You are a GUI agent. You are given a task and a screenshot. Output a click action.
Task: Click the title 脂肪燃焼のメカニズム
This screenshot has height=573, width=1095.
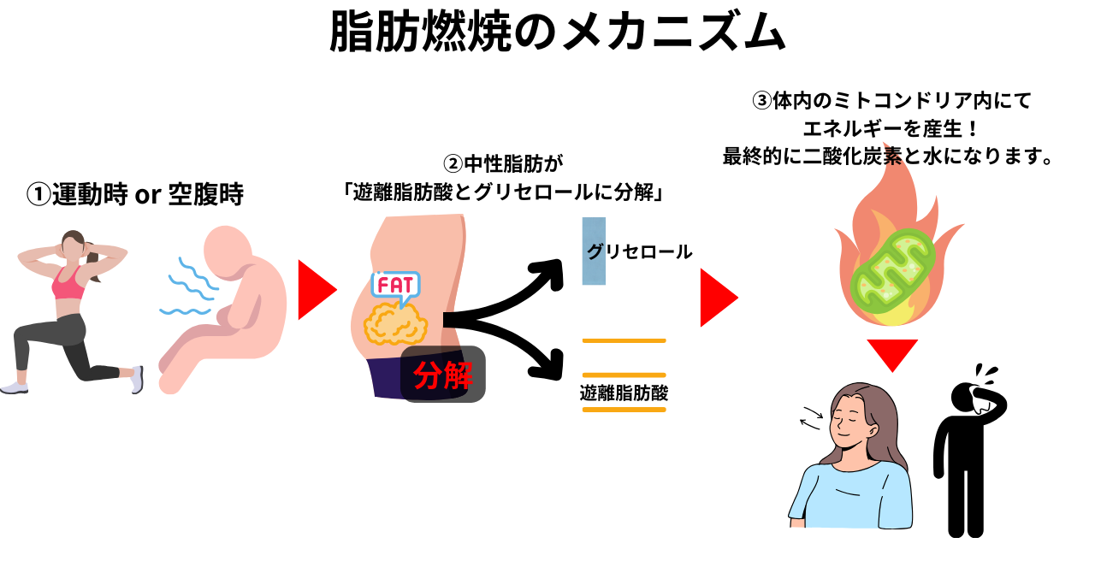pos(557,33)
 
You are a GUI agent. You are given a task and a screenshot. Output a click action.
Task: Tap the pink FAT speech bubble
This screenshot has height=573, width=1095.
pos(395,285)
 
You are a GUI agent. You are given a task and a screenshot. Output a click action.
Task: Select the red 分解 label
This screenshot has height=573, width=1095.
pos(443,375)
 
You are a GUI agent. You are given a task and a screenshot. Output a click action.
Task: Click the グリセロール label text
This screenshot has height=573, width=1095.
pos(639,251)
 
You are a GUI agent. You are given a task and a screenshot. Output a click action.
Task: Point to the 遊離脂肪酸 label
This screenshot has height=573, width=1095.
pos(624,393)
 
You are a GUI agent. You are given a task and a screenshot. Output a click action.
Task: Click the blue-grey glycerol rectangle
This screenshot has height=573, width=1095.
pos(594,251)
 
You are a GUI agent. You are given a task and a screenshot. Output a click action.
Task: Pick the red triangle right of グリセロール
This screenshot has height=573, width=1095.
pos(718,298)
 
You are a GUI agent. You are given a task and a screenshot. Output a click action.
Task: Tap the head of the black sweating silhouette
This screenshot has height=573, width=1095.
pos(975,395)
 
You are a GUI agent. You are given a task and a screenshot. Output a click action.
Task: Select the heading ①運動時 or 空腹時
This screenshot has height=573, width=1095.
pos(135,195)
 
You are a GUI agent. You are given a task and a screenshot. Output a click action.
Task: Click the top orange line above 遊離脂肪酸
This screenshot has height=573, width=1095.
pos(624,340)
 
